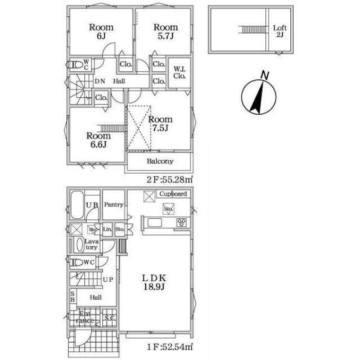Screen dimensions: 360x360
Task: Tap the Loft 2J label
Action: [x=280, y=31]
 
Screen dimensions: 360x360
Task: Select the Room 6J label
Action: [x=101, y=31]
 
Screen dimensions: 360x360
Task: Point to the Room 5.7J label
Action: [x=165, y=31]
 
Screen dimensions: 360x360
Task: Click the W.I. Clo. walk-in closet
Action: [x=179, y=73]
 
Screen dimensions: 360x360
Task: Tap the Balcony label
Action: [x=160, y=161]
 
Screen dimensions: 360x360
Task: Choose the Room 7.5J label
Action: [x=160, y=123]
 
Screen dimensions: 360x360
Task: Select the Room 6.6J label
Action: [x=98, y=139]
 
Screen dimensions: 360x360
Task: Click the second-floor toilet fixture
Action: [x=76, y=65]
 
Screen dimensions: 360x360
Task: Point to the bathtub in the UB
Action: [x=77, y=205]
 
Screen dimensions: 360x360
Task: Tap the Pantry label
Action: [x=114, y=205]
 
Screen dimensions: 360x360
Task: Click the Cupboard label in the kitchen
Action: [x=173, y=194]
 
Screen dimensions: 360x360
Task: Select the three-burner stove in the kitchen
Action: [x=181, y=223]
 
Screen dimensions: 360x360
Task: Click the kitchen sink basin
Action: [x=155, y=223]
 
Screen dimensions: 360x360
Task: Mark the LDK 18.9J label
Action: [x=154, y=282]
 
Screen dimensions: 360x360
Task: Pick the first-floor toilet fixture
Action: [x=76, y=263]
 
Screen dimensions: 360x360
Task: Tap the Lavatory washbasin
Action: [x=80, y=245]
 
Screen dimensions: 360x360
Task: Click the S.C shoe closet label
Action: [x=110, y=318]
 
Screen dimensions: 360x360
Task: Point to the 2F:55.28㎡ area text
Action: [x=169, y=179]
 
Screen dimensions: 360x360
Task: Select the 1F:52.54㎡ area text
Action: [x=169, y=347]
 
